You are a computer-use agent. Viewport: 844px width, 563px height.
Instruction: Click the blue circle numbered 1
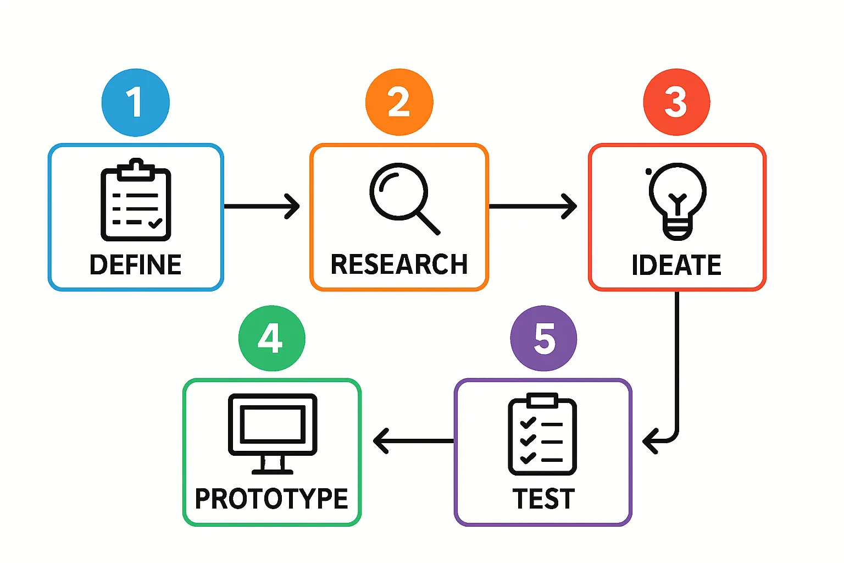[x=135, y=102]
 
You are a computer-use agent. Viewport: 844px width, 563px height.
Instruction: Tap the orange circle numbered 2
[x=399, y=102]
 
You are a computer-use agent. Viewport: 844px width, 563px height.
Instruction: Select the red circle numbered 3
[x=676, y=102]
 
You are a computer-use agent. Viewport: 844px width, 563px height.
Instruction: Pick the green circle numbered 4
[x=271, y=338]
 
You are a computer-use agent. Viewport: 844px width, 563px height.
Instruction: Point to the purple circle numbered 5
[x=543, y=338]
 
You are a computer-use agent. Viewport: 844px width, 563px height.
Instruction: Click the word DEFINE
[x=136, y=265]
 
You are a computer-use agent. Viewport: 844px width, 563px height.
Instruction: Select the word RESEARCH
[x=399, y=264]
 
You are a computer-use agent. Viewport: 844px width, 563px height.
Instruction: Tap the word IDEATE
[x=676, y=265]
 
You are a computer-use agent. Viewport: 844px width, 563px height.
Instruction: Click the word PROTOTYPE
[x=271, y=499]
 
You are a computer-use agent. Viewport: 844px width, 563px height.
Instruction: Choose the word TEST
[x=543, y=499]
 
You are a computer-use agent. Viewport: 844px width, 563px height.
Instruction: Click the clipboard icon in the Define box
[x=136, y=201]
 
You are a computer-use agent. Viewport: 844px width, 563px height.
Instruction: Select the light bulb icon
[x=677, y=201]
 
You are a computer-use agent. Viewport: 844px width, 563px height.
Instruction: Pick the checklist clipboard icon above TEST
[x=542, y=434]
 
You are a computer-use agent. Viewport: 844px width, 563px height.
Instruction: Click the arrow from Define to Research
[x=262, y=206]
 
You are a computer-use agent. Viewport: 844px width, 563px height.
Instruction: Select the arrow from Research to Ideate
[x=532, y=206]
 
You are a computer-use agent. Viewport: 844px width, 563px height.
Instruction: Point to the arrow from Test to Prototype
[x=413, y=441]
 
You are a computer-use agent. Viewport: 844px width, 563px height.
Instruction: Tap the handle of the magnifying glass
[x=429, y=223]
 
